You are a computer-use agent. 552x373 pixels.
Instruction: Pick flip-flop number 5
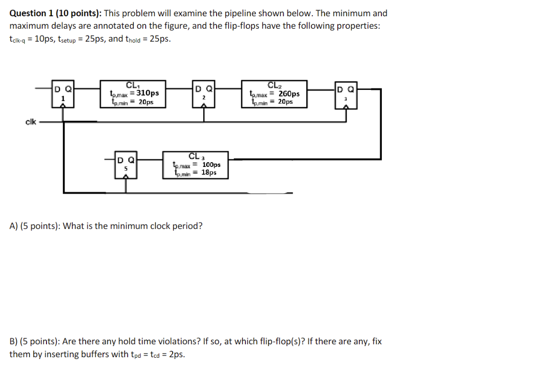coord(126,164)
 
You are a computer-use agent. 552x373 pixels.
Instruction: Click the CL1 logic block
coord(132,94)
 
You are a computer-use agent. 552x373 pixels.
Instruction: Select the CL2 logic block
coord(274,94)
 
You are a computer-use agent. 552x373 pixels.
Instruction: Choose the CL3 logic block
coord(196,165)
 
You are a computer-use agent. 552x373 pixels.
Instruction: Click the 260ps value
coord(289,94)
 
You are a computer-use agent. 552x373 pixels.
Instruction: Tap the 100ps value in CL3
coord(211,165)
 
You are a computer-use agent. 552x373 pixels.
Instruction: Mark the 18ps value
coord(208,172)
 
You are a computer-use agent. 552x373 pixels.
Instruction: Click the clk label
coord(30,121)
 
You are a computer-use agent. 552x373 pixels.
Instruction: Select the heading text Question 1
coord(31,13)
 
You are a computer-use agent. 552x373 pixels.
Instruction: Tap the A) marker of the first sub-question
coord(14,226)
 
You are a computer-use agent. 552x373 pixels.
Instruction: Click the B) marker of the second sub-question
coord(14,342)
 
